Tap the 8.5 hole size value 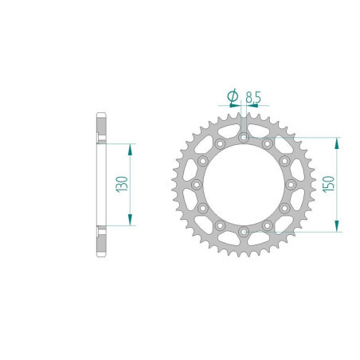(x=252, y=97)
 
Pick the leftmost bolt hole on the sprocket (x=195, y=184)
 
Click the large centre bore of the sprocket (x=241, y=184)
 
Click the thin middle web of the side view (x=100, y=184)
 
